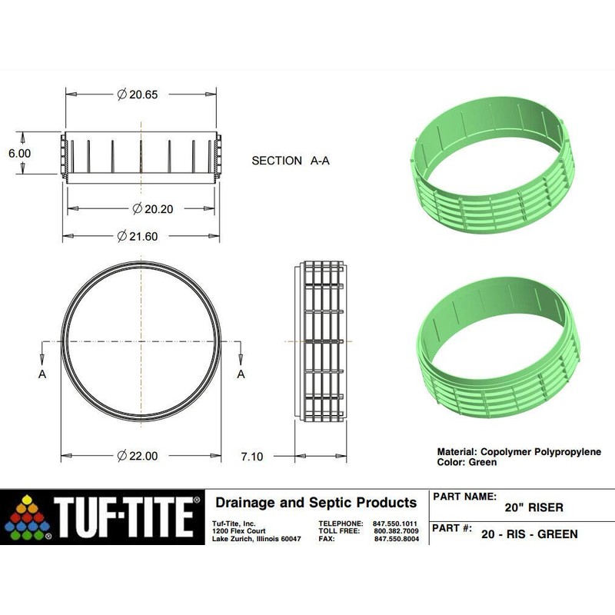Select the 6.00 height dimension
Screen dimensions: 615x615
click(x=19, y=154)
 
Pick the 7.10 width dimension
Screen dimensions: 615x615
click(x=251, y=457)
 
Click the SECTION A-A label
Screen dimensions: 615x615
click(x=295, y=161)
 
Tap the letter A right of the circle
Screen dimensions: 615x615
click(x=241, y=374)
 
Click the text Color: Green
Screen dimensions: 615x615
click(x=467, y=463)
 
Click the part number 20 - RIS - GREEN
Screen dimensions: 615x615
click(x=529, y=534)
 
